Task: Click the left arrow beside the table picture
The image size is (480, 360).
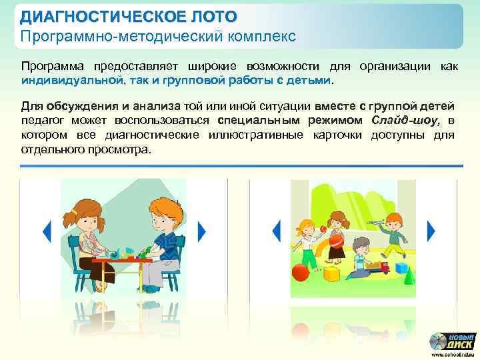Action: coord(47,231)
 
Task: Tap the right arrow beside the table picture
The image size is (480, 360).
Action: coord(201,231)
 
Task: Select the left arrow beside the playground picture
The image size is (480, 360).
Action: coord(275,231)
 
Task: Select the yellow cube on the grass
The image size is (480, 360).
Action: coord(331,273)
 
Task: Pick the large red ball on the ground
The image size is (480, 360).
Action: coord(301,272)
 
